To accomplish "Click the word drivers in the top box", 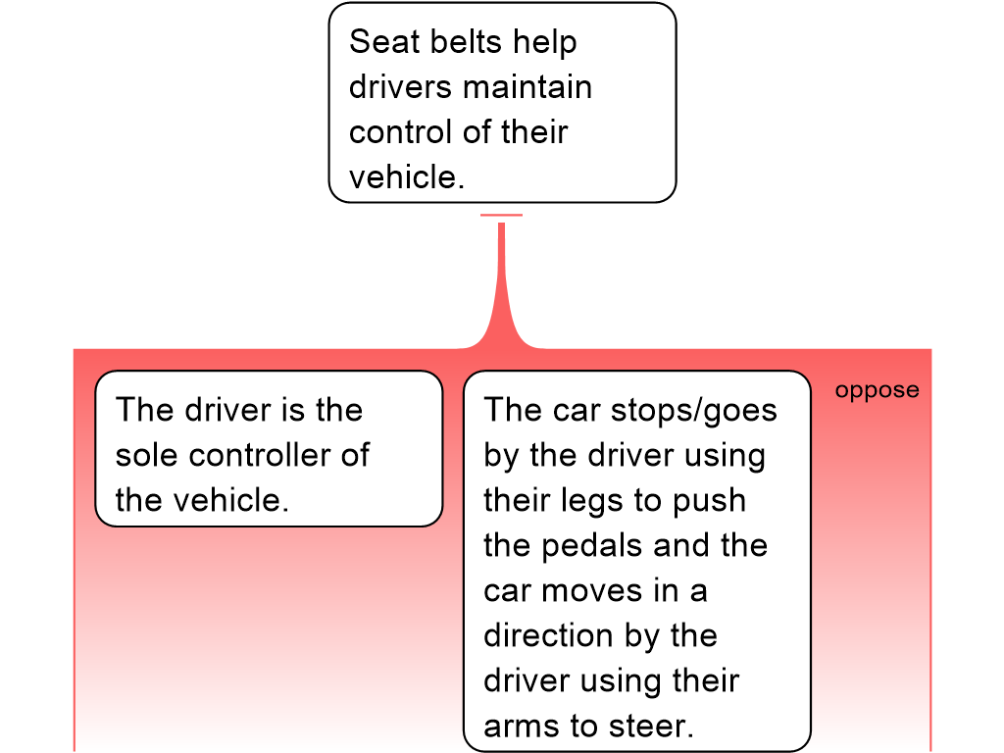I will [401, 87].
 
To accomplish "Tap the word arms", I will [520, 726].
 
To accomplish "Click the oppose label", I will [877, 390].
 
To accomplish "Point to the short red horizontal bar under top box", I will [502, 215].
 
